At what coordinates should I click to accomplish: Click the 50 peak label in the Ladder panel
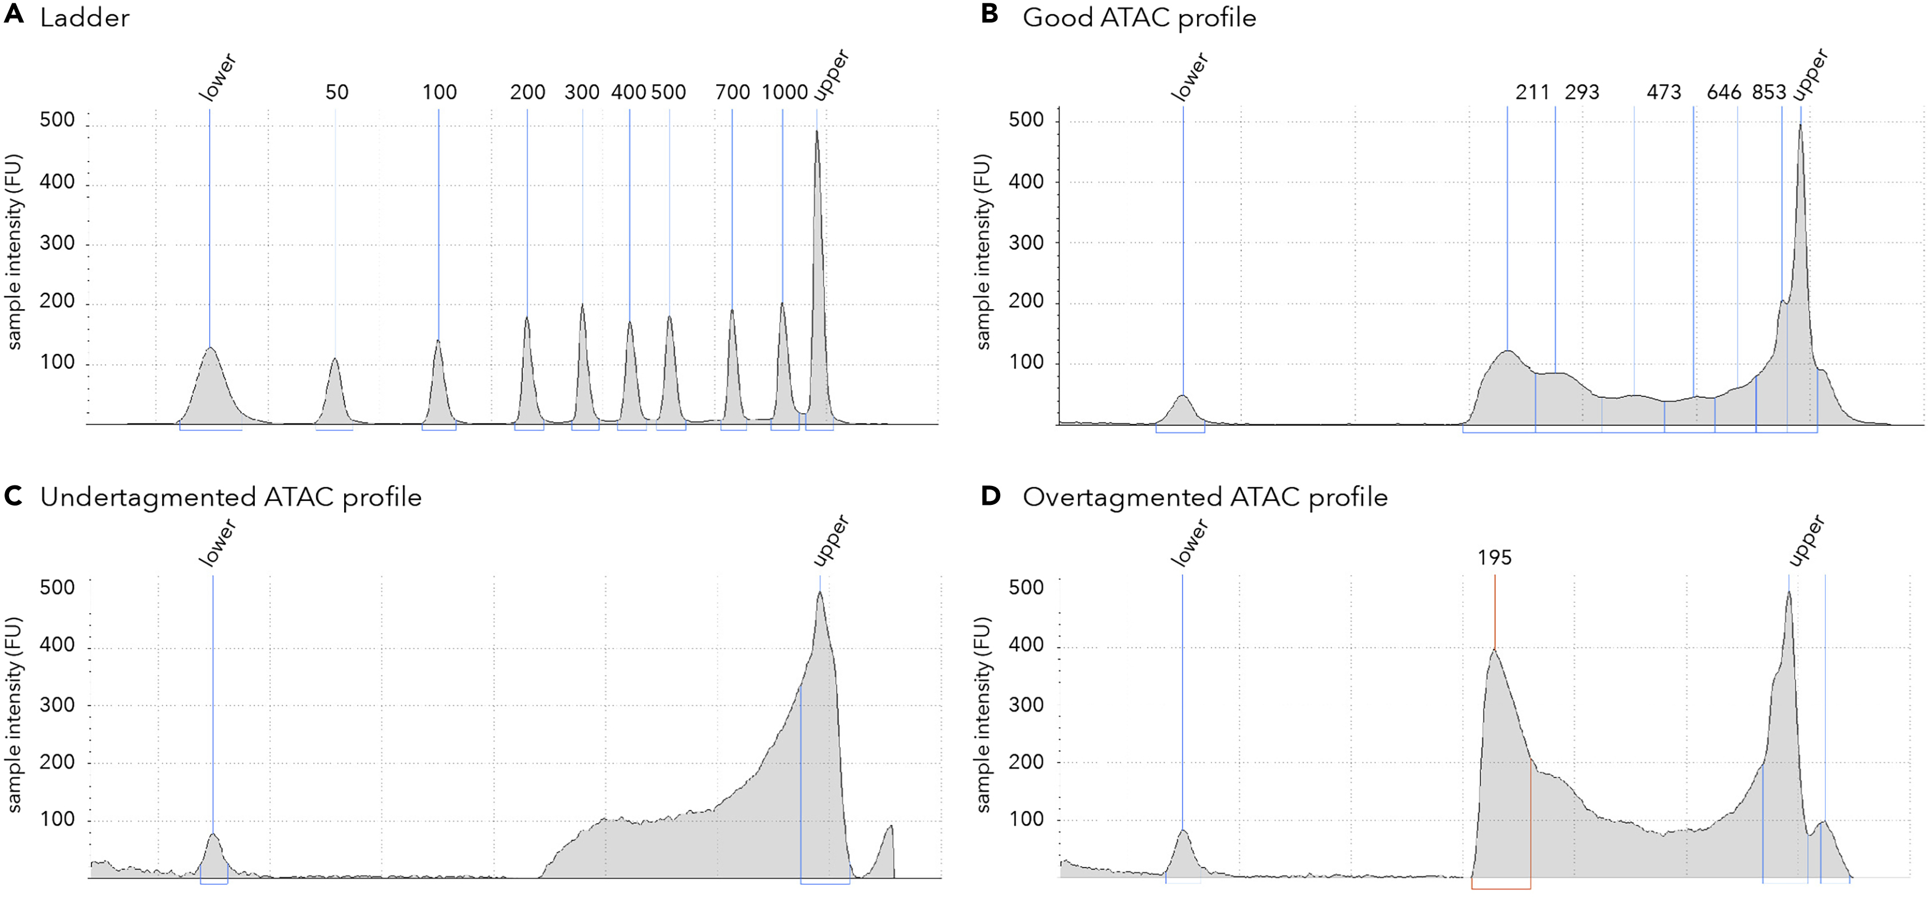pyautogui.click(x=337, y=92)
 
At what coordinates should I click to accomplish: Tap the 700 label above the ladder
pyautogui.click(x=732, y=92)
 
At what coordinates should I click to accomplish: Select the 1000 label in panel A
pyautogui.click(x=784, y=92)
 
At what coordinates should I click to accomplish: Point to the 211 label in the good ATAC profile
pyautogui.click(x=1532, y=92)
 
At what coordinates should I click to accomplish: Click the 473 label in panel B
pyautogui.click(x=1663, y=92)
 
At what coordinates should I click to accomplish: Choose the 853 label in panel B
pyautogui.click(x=1769, y=92)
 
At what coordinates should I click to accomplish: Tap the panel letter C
pyautogui.click(x=14, y=496)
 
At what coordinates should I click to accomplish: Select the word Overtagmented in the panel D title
pyautogui.click(x=1127, y=497)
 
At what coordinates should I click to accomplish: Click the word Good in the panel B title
pyautogui.click(x=1057, y=17)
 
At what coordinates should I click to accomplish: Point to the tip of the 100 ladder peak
pyautogui.click(x=439, y=341)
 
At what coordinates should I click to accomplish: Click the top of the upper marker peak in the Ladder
pyautogui.click(x=816, y=132)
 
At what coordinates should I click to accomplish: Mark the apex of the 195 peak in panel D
pyautogui.click(x=1494, y=650)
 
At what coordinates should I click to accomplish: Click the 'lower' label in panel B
pyautogui.click(x=1190, y=77)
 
